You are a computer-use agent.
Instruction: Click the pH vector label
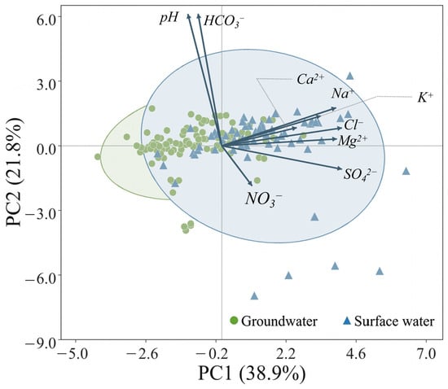(169, 19)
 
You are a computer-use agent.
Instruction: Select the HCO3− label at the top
(224, 22)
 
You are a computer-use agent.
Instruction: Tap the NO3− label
(263, 199)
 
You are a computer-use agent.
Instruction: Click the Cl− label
(354, 125)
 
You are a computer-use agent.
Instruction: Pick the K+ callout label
(425, 98)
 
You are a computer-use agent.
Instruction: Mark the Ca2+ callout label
(310, 79)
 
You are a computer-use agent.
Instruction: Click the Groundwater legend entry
(274, 321)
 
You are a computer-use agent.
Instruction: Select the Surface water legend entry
(389, 321)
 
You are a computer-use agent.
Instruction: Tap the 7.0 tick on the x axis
(426, 354)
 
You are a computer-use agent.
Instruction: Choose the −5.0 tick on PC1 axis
(76, 354)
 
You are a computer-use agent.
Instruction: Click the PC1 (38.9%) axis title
(252, 374)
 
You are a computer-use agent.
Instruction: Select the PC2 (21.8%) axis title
(14, 172)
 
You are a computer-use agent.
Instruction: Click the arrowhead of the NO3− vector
(251, 184)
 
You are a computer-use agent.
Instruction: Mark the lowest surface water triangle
(254, 296)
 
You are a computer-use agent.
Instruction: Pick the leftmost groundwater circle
(98, 157)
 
